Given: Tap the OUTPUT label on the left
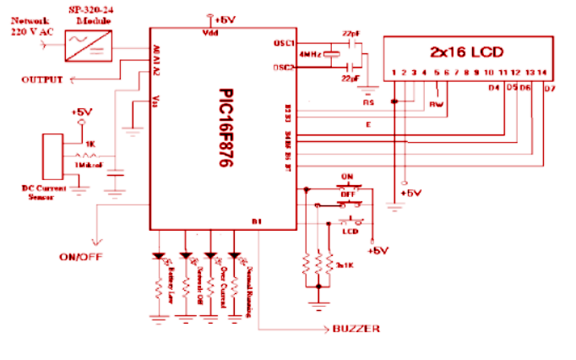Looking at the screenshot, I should [43, 79].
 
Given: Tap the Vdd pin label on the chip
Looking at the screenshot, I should [211, 34].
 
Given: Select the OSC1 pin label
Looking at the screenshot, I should [285, 42].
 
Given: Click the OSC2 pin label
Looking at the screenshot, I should [285, 68].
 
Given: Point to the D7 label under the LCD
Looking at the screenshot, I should [550, 88].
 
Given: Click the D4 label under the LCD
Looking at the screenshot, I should [496, 87].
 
